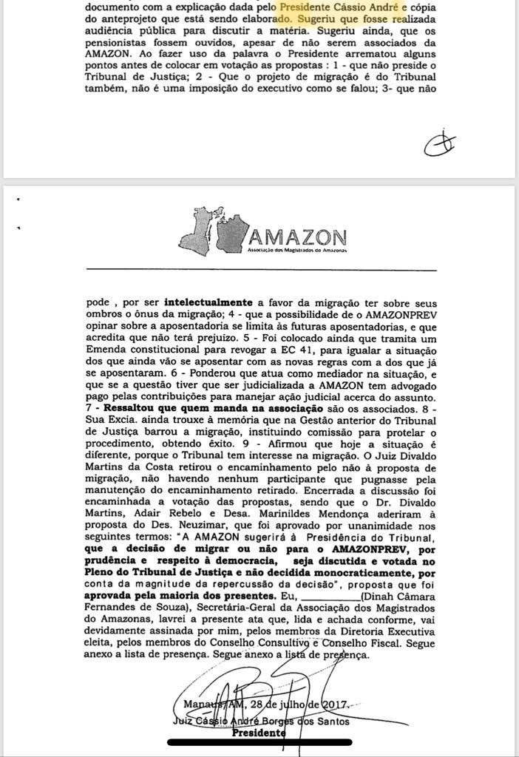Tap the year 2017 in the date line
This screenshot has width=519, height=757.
click(x=333, y=703)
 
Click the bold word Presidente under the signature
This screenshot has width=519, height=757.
click(x=259, y=733)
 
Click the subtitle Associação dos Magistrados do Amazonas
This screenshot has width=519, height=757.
click(x=298, y=251)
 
